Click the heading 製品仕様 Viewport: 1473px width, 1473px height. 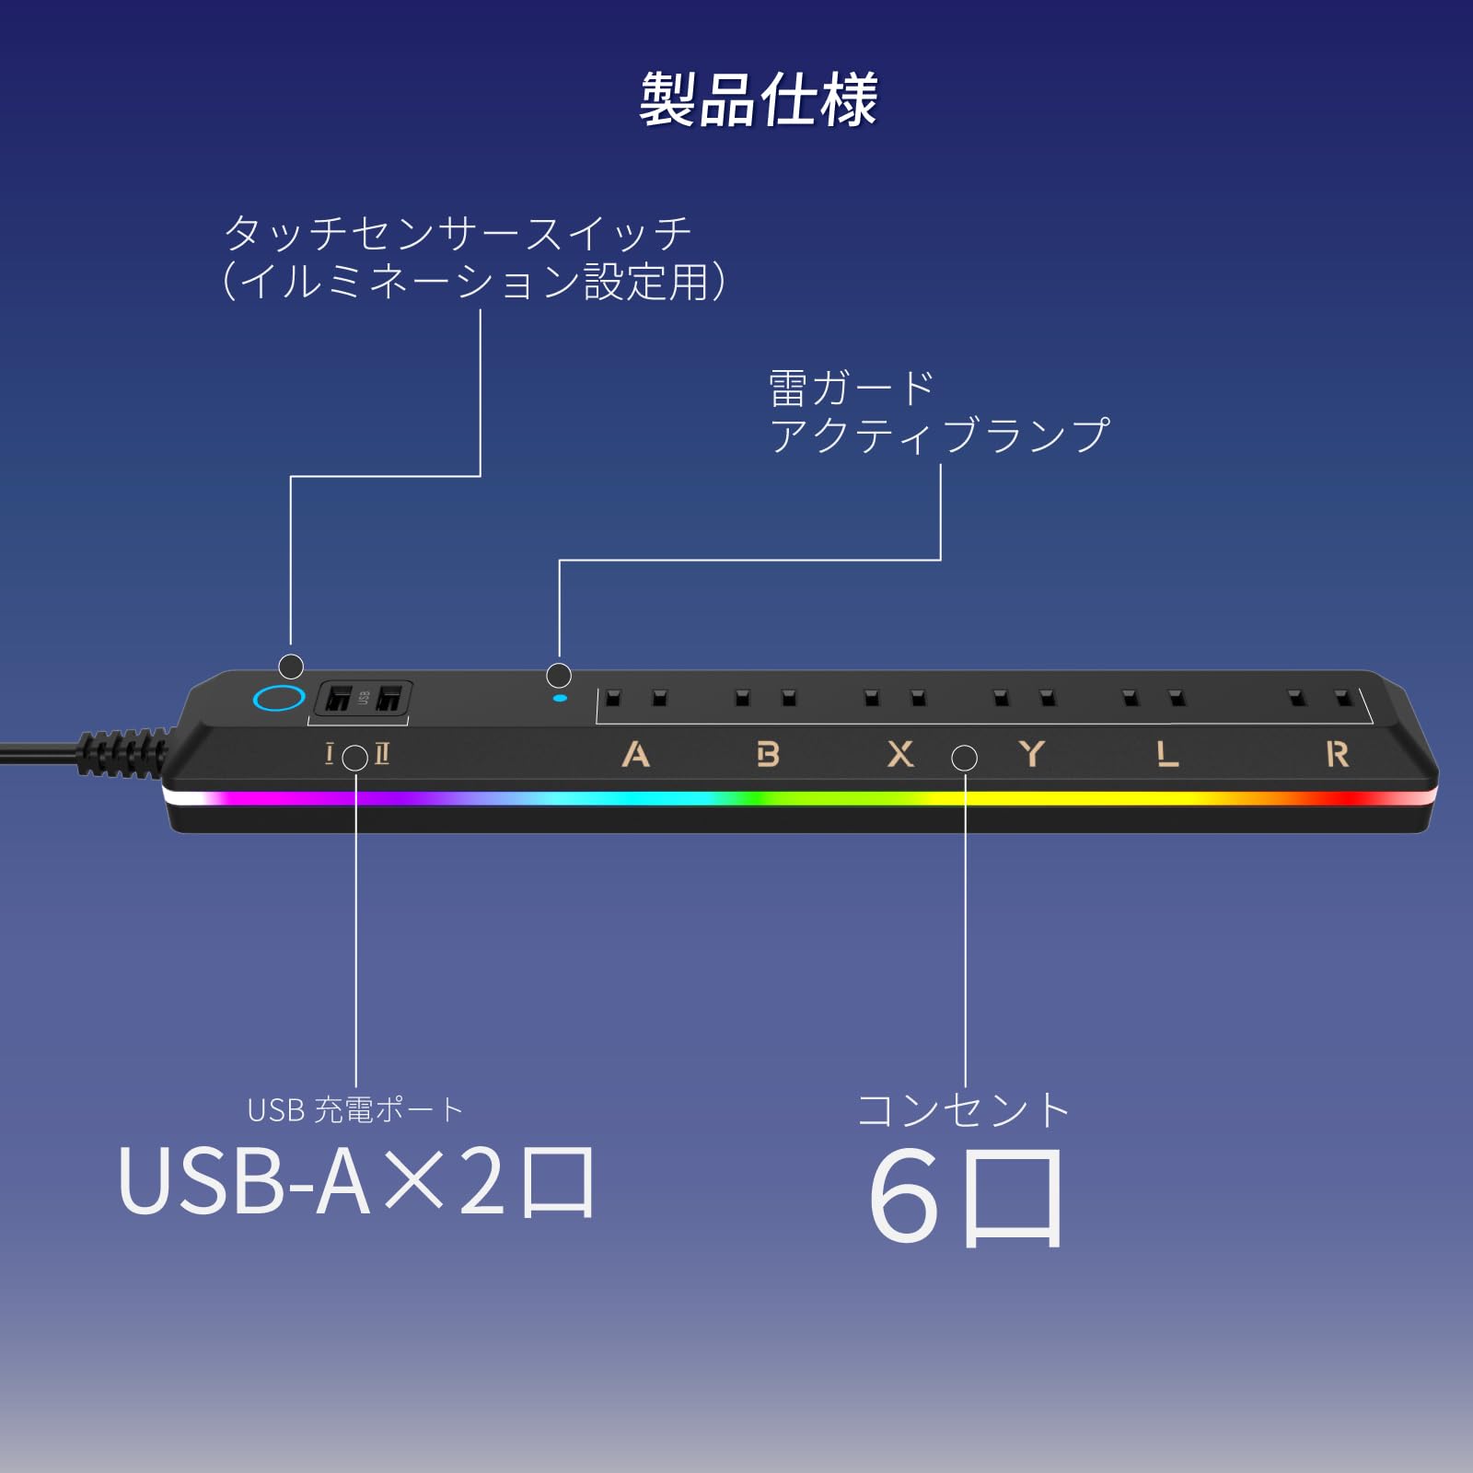pyautogui.click(x=759, y=99)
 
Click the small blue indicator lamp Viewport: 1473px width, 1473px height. pyautogui.click(x=560, y=698)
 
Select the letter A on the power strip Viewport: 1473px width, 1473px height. pyautogui.click(x=635, y=755)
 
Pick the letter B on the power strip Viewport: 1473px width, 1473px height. pyautogui.click(x=767, y=755)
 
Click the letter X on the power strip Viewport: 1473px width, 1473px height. pyautogui.click(x=900, y=755)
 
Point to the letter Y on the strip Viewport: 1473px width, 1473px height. pyautogui.click(x=1032, y=754)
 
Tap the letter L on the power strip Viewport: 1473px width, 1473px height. pyautogui.click(x=1167, y=755)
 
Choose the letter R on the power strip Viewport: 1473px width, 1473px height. pyautogui.click(x=1337, y=755)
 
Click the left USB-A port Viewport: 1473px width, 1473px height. pyautogui.click(x=338, y=699)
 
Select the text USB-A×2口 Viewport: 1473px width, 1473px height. pyautogui.click(x=357, y=1183)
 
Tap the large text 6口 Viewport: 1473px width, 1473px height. pyautogui.click(x=965, y=1197)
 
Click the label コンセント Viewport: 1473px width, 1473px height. pyautogui.click(x=963, y=1110)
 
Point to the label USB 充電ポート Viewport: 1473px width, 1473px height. pyautogui.click(x=355, y=1110)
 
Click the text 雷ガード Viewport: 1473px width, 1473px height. pyautogui.click(x=852, y=389)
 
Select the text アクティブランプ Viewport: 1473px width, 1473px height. pyautogui.click(x=939, y=435)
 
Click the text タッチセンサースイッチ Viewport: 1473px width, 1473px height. pyautogui.click(x=458, y=233)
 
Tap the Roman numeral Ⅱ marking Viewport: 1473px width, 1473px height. pyautogui.click(x=382, y=755)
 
